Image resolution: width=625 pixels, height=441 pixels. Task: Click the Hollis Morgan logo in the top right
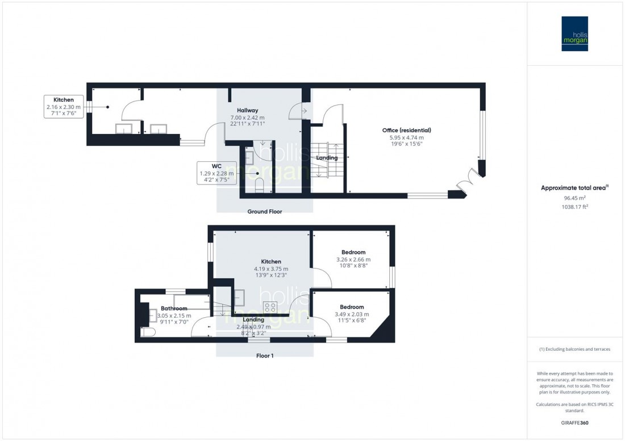click(x=574, y=33)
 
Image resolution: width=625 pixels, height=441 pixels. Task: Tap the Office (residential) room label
click(x=406, y=130)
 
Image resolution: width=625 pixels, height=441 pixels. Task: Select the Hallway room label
click(x=248, y=111)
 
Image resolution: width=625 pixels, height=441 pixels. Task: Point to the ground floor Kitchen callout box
click(x=63, y=106)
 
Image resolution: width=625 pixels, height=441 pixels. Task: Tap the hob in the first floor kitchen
click(x=270, y=308)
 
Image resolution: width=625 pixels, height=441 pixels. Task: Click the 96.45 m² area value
click(x=574, y=198)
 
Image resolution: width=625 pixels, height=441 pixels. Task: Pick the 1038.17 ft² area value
click(x=574, y=207)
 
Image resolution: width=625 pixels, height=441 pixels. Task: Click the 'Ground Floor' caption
click(x=264, y=212)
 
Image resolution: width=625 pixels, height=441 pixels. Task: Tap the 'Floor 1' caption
click(x=264, y=356)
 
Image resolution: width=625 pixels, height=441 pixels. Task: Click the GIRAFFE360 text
click(x=574, y=423)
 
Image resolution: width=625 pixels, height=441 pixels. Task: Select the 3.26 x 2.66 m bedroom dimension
click(x=353, y=260)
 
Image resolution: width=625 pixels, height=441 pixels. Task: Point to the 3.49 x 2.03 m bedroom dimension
click(x=352, y=314)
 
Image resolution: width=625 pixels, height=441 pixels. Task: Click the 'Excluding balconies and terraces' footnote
click(x=574, y=349)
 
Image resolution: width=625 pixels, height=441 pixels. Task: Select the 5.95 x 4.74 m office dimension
click(x=406, y=137)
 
